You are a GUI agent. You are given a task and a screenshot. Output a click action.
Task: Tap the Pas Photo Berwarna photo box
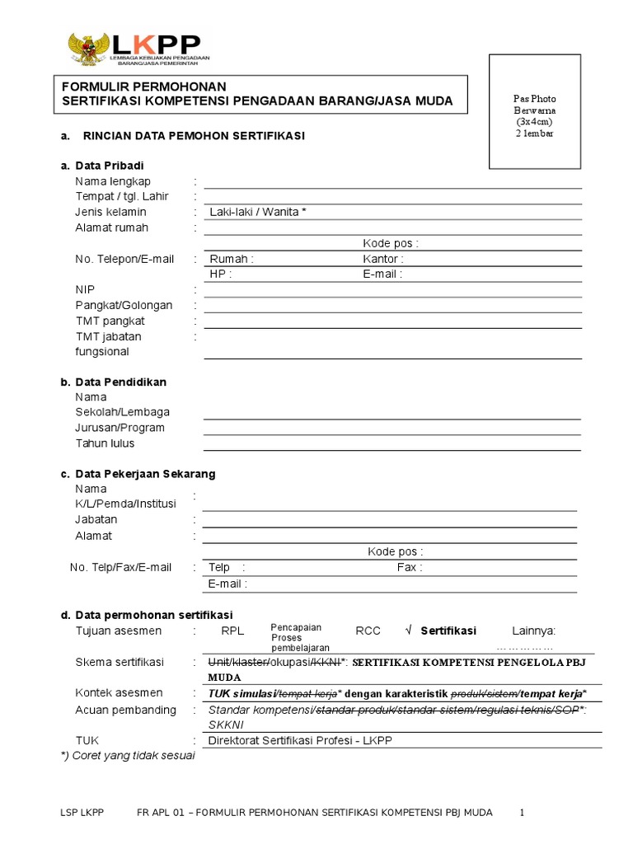coord(535,110)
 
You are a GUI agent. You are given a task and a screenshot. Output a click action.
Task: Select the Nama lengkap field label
coord(113,181)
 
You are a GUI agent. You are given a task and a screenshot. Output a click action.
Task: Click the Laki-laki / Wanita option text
coord(258,213)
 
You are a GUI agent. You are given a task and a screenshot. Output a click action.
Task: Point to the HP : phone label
coord(220,274)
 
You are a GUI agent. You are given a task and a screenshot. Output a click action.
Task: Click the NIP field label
coord(84,290)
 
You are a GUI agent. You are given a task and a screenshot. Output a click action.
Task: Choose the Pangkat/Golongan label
coord(124,306)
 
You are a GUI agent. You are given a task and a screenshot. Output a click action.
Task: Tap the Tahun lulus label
coord(105,443)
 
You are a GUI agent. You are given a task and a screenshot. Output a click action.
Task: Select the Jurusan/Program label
coord(120,428)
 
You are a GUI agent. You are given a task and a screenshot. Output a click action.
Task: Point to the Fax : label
coord(410,568)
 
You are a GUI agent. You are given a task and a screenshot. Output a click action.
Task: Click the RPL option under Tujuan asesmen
coord(232,631)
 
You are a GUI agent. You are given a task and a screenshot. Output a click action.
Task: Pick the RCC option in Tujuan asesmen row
coord(368,631)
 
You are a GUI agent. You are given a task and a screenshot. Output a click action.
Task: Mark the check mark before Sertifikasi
coord(408,631)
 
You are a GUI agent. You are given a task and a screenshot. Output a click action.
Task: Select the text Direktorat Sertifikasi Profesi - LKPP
coord(300,741)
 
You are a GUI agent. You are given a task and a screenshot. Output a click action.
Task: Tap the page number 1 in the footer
coord(522,813)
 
